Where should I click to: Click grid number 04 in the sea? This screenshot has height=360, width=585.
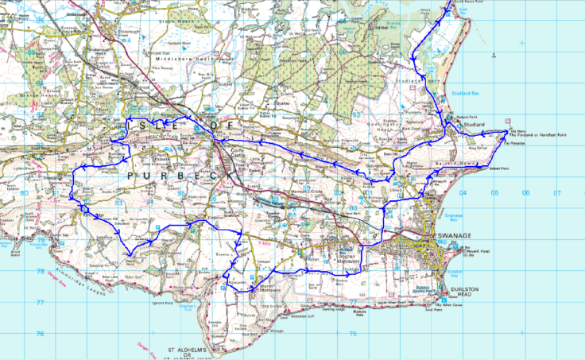pos(463,193)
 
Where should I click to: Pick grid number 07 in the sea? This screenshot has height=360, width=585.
pos(557,193)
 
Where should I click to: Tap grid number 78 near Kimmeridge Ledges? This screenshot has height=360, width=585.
pos(40,272)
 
